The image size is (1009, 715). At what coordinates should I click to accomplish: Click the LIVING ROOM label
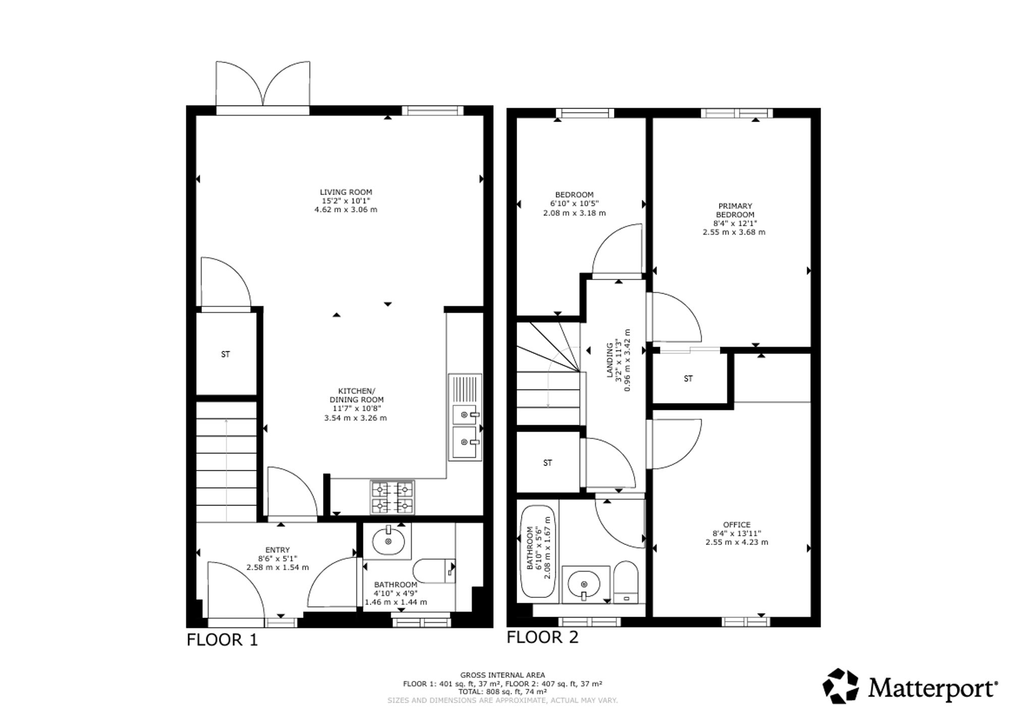pyautogui.click(x=346, y=192)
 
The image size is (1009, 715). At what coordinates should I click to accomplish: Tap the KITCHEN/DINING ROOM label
pyautogui.click(x=356, y=396)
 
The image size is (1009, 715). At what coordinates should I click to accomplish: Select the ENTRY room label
pyautogui.click(x=277, y=550)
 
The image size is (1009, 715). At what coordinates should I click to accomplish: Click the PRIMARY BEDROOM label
pyautogui.click(x=735, y=210)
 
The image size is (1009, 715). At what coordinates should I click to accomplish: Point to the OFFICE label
pyautogui.click(x=737, y=525)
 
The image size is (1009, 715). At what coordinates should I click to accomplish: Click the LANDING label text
pyautogui.click(x=609, y=360)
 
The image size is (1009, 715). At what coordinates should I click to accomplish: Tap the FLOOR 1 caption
pyautogui.click(x=222, y=640)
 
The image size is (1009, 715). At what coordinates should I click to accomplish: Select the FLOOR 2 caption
pyautogui.click(x=542, y=637)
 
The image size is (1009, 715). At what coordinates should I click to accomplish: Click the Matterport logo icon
pyautogui.click(x=840, y=686)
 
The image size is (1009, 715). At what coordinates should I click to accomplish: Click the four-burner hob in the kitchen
pyautogui.click(x=393, y=497)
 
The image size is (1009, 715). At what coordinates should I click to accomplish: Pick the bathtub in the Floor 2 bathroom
pyautogui.click(x=538, y=552)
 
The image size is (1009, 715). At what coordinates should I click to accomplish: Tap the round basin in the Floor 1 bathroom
pyautogui.click(x=388, y=541)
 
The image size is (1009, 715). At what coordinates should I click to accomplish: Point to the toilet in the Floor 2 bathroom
pyautogui.click(x=626, y=582)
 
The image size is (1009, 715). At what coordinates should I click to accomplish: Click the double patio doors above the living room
pyautogui.click(x=262, y=84)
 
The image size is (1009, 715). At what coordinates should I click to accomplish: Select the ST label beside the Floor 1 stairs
pyautogui.click(x=226, y=354)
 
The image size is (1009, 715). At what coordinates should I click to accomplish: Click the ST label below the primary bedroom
pyautogui.click(x=688, y=378)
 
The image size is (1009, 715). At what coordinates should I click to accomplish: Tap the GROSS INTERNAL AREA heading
pyautogui.click(x=502, y=675)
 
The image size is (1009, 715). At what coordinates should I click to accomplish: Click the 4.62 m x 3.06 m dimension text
pyautogui.click(x=346, y=209)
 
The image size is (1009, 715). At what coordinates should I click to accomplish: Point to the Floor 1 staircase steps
pyautogui.click(x=227, y=462)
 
